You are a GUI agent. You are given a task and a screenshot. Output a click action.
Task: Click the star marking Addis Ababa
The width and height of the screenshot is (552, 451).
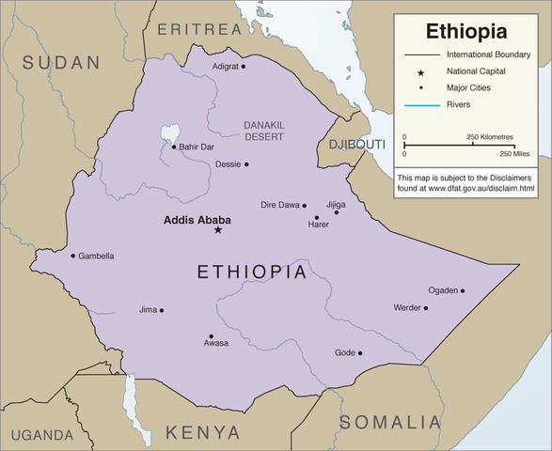(x=218, y=230)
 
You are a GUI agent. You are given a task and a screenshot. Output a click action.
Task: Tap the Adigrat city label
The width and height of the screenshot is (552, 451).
(x=226, y=67)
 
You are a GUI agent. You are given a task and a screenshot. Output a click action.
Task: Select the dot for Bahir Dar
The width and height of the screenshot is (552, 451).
(x=173, y=147)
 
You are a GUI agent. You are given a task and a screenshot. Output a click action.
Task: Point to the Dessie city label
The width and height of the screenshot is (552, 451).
(x=228, y=164)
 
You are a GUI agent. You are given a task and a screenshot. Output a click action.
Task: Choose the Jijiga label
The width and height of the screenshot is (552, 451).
(x=336, y=203)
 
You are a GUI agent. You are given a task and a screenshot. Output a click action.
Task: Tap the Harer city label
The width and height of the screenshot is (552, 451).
(x=319, y=225)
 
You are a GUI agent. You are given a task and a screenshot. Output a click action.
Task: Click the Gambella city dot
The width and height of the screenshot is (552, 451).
(x=72, y=256)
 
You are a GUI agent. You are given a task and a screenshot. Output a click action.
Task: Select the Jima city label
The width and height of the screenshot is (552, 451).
(x=148, y=309)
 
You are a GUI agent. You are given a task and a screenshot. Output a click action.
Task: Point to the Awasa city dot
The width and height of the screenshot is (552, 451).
(x=211, y=335)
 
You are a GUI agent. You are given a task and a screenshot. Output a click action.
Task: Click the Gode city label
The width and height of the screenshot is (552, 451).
(x=344, y=353)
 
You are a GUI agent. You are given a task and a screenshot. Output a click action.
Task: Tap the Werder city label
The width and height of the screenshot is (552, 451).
(x=407, y=308)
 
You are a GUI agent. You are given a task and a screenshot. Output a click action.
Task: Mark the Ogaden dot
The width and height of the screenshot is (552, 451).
(x=463, y=290)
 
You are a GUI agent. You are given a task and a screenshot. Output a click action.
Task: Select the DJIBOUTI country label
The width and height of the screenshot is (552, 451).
(x=356, y=144)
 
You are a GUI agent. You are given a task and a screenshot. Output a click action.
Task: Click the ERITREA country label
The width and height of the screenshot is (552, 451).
(x=199, y=29)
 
